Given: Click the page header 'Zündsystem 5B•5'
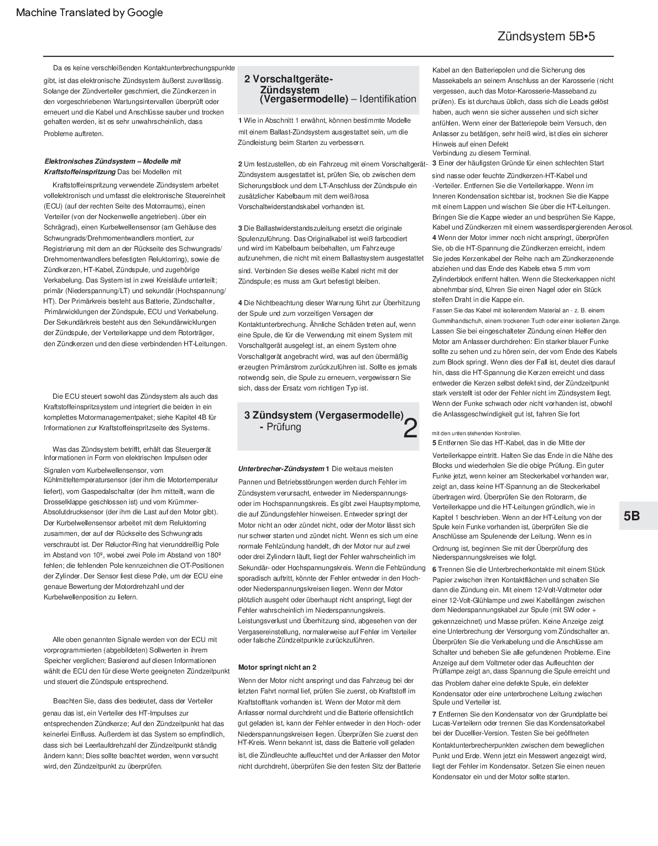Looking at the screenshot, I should click(x=546, y=36).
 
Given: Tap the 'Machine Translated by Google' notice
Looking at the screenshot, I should click(x=90, y=13).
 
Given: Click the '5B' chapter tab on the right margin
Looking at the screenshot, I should click(x=631, y=516).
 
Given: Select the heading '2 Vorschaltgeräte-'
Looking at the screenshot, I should click(x=288, y=79).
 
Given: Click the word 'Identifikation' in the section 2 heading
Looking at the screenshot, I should click(x=388, y=99).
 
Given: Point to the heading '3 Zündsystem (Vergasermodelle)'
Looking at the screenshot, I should click(x=323, y=415).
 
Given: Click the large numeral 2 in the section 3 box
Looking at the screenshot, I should click(x=410, y=429).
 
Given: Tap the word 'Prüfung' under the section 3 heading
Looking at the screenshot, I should click(x=284, y=427).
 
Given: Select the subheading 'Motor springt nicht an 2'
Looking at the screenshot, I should click(x=277, y=667).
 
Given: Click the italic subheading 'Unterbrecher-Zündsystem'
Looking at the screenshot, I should click(x=281, y=469).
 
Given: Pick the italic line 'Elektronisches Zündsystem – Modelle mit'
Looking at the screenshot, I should click(x=113, y=161).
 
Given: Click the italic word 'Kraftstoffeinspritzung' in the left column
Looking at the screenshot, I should click(x=80, y=171).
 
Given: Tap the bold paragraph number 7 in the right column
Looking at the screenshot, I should click(x=434, y=714).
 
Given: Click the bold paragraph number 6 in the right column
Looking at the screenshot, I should click(x=434, y=569).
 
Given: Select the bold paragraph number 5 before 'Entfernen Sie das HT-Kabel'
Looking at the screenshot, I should click(x=434, y=443).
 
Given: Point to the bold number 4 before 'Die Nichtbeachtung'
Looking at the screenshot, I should click(x=240, y=302).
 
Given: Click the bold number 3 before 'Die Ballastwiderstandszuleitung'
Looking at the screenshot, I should click(x=240, y=228).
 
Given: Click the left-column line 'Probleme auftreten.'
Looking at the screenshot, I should click(x=74, y=134).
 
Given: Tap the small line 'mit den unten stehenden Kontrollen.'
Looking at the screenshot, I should click(x=476, y=433).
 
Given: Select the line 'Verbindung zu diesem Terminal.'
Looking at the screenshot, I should click(x=481, y=153).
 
